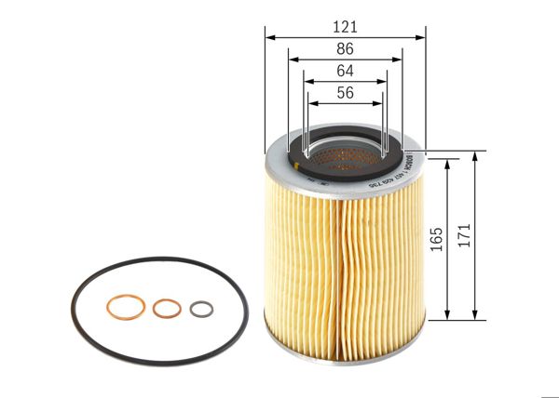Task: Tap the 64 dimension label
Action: pyautogui.click(x=344, y=70)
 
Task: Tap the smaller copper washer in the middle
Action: pyautogui.click(x=166, y=309)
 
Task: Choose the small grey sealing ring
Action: pyautogui.click(x=200, y=309)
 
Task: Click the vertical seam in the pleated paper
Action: pyautogui.click(x=346, y=270)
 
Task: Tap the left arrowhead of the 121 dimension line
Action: pyautogui.click(x=269, y=36)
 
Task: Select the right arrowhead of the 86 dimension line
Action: pyautogui.click(x=400, y=60)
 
